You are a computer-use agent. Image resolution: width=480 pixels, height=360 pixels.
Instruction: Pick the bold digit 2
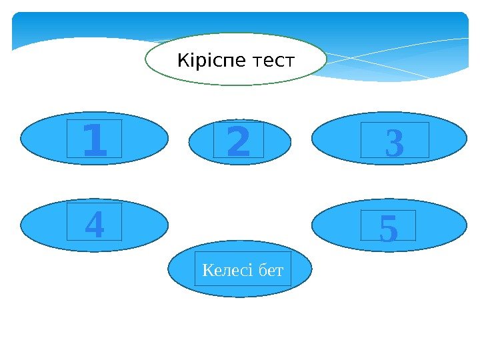point(239,144)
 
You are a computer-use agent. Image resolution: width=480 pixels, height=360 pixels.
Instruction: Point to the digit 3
point(394,144)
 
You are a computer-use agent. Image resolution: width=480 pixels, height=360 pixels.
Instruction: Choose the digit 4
point(95,225)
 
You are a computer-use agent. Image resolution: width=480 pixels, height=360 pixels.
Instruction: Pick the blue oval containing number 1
point(40,137)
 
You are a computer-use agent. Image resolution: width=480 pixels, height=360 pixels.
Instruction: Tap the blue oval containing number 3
point(333,139)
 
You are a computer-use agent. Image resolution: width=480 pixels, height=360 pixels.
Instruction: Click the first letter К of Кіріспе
point(182,62)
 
